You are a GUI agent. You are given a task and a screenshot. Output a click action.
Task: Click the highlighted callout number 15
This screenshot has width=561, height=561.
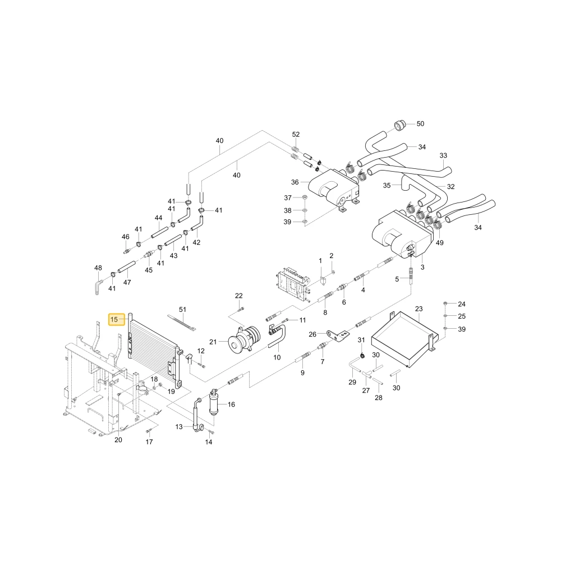pyautogui.click(x=114, y=319)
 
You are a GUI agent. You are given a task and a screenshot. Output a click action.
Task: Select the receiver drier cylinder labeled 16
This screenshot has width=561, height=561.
pyautogui.click(x=214, y=402)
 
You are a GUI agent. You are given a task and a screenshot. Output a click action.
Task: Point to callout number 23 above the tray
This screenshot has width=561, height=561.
pyautogui.click(x=419, y=309)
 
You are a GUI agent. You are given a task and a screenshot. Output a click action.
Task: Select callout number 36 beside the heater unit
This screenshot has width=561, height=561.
pyautogui.click(x=295, y=182)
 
